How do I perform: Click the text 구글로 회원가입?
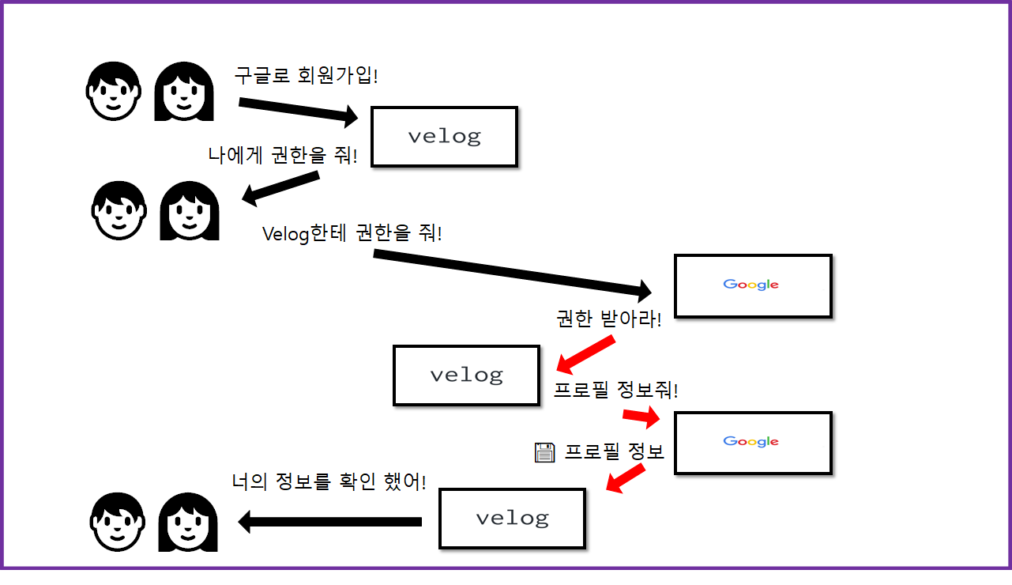point(307,76)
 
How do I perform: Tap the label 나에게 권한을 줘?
point(283,154)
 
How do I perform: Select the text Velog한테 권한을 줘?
point(352,234)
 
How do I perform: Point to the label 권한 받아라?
point(609,319)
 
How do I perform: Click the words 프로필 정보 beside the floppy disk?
point(614,452)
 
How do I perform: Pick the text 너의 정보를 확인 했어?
point(329,481)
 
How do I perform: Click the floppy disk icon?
point(545,452)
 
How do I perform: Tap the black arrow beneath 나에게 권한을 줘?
point(280,188)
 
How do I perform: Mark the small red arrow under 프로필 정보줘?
point(641,416)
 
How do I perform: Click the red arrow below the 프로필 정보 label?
point(626,478)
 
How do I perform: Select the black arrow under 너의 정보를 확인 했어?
point(329,521)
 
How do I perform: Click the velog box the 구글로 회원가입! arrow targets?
point(444,137)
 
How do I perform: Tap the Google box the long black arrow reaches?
point(753,285)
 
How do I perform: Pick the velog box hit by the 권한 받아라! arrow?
point(466,375)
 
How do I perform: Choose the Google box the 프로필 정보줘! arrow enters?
point(753,443)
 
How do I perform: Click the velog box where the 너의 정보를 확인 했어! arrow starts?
point(512,519)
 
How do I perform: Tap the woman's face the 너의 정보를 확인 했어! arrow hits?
point(188,522)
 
